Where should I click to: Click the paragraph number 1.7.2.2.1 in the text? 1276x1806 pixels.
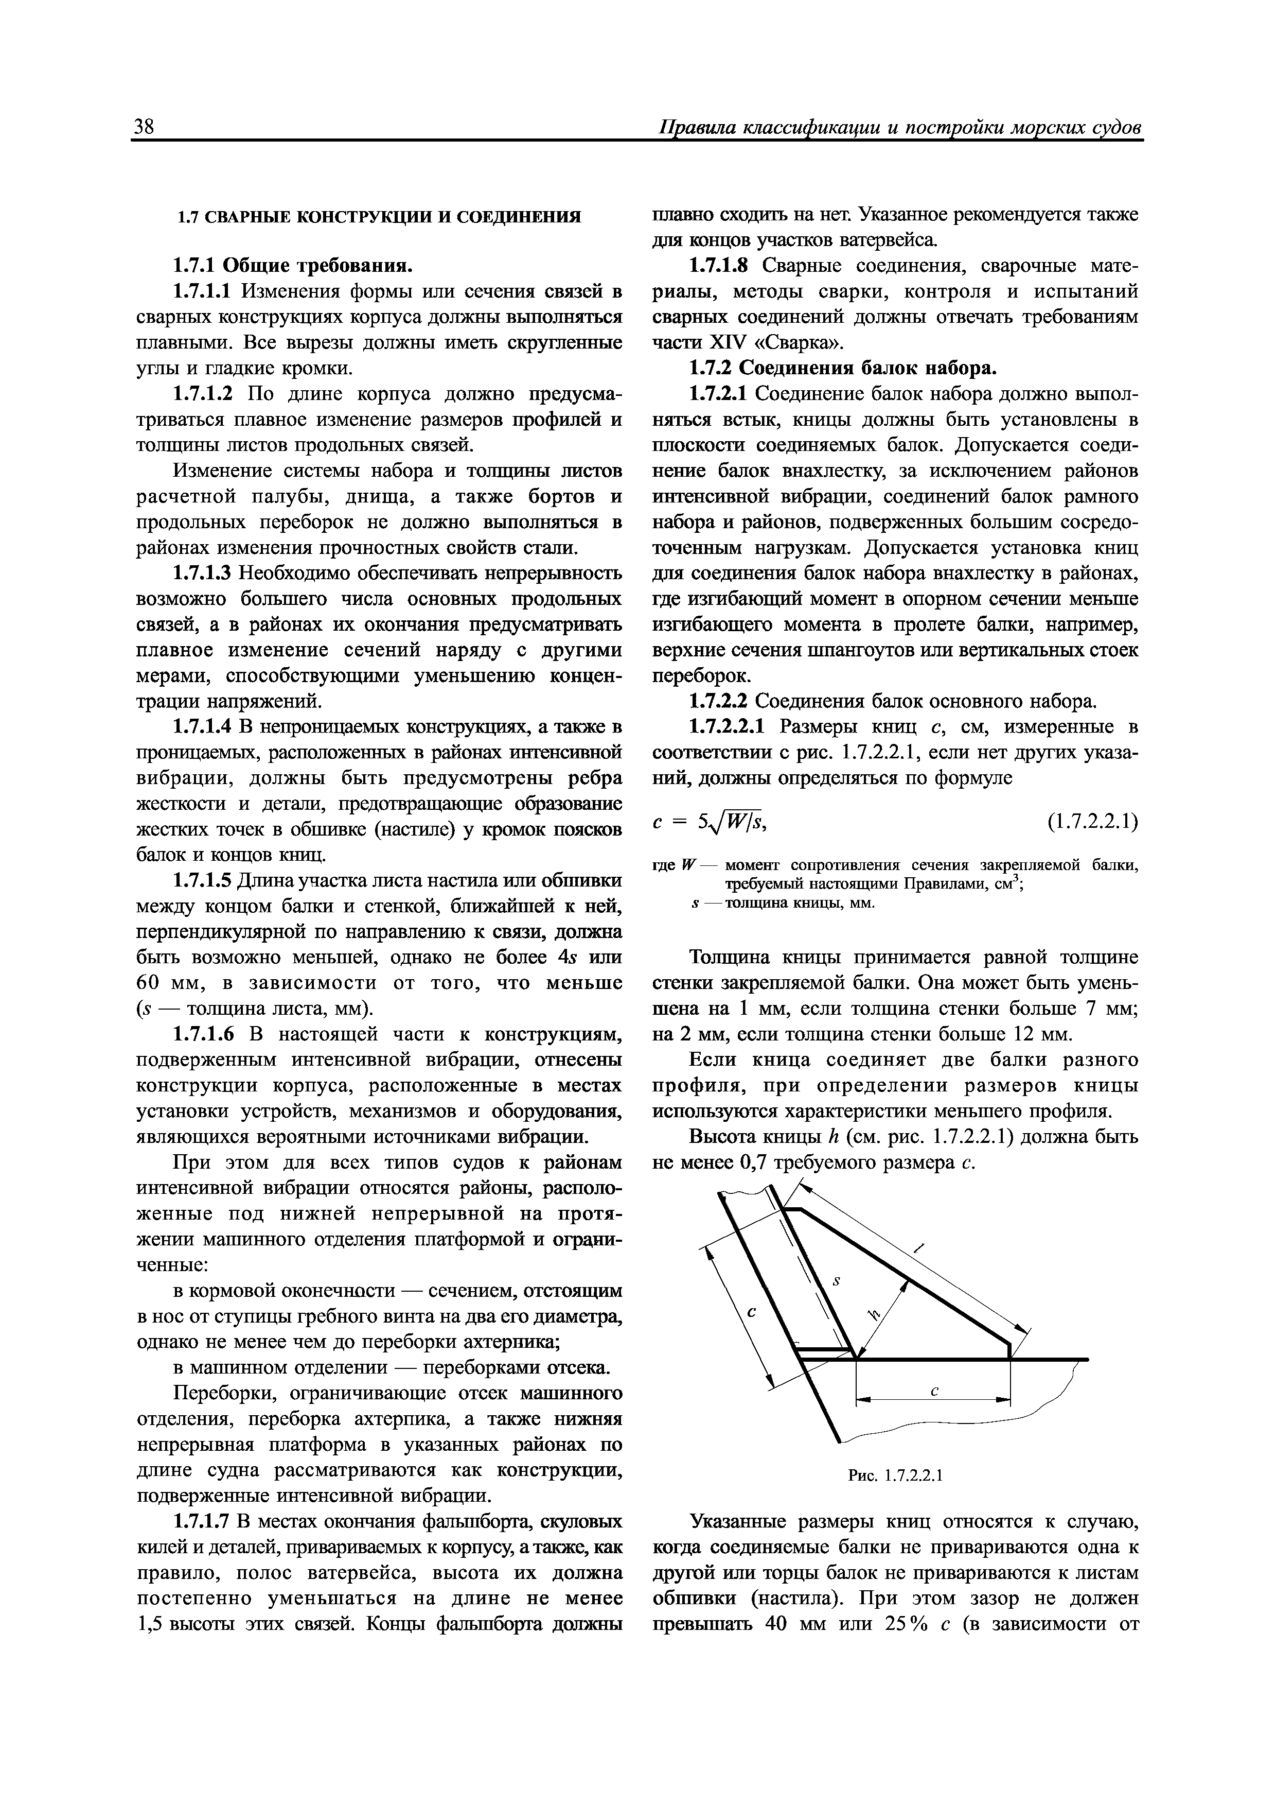click(x=731, y=727)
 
